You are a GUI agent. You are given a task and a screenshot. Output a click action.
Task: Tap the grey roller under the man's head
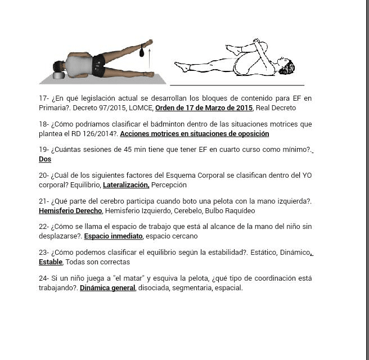pos(58,75)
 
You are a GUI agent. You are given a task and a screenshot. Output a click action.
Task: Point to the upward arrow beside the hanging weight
pos(149,58)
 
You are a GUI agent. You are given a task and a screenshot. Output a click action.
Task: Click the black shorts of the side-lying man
pos(98,65)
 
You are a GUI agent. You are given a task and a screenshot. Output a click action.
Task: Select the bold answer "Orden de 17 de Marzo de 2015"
pos(204,108)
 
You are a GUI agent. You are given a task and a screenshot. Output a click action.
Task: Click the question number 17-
pos(44,98)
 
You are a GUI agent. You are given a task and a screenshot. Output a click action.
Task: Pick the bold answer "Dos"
pos(45,159)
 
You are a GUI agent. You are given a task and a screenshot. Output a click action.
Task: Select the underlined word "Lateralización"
pos(126,185)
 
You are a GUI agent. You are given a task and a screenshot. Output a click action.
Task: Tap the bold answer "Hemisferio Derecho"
pos(70,211)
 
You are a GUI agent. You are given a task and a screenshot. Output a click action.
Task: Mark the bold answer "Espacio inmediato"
pos(113,236)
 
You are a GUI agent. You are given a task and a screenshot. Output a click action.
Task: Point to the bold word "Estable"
pos(51,262)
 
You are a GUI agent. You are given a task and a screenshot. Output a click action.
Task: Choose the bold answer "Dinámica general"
pos(107,288)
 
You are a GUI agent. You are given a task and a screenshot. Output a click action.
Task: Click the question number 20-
pos(44,175)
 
